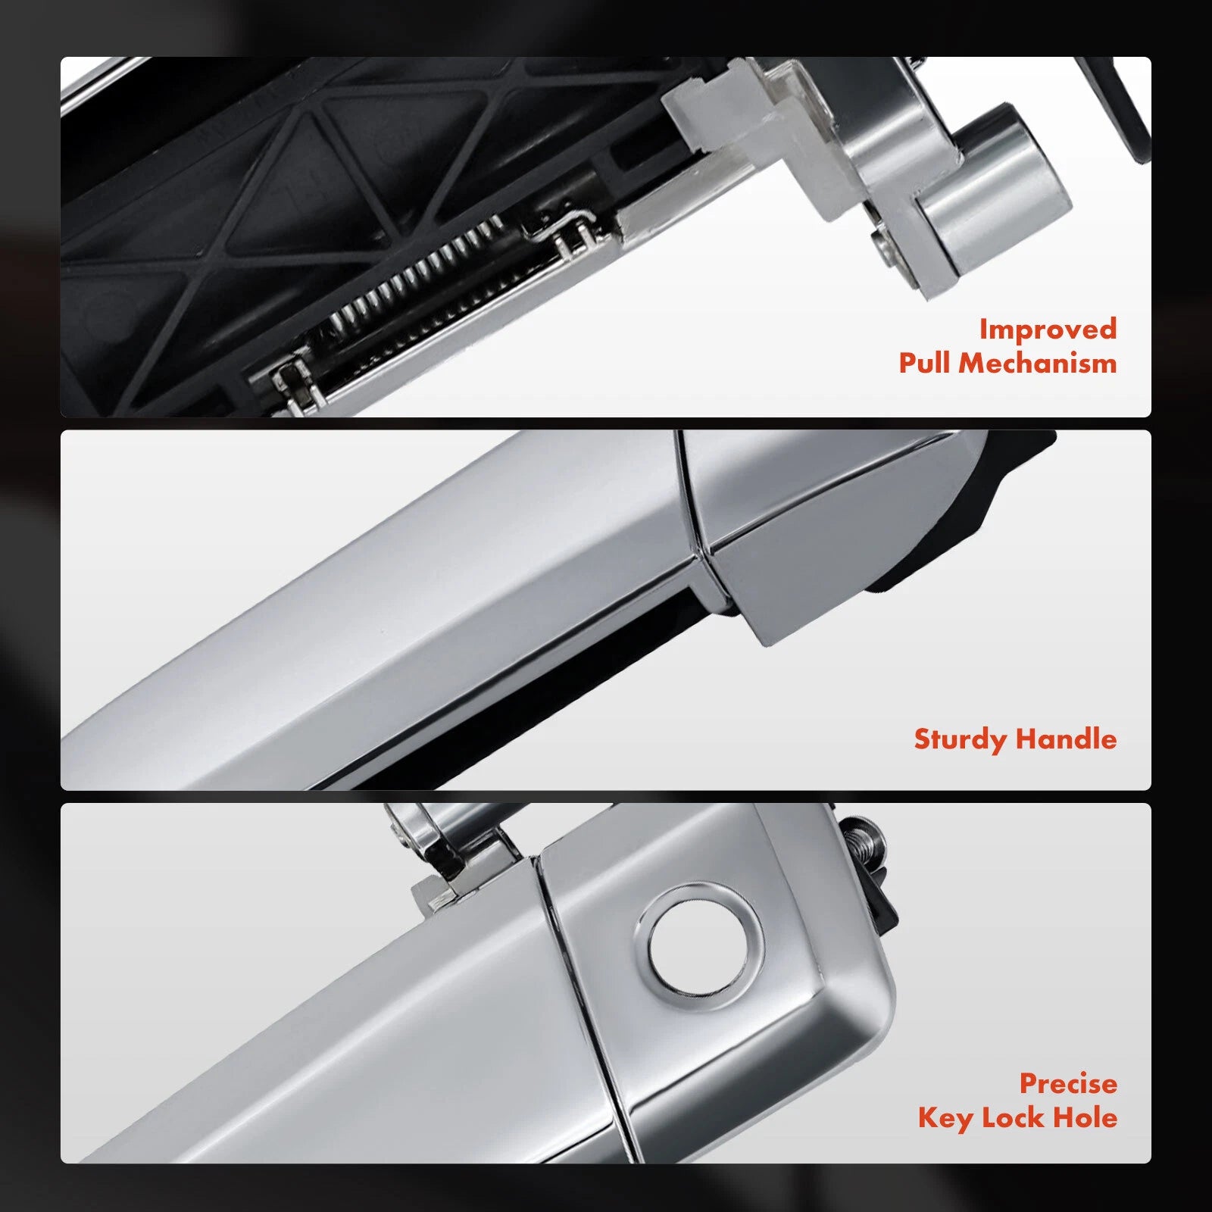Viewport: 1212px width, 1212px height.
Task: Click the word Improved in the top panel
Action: pos(1048,330)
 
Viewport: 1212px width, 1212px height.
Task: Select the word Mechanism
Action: pos(1038,363)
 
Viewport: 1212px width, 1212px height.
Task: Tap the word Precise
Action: pos(1068,1083)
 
